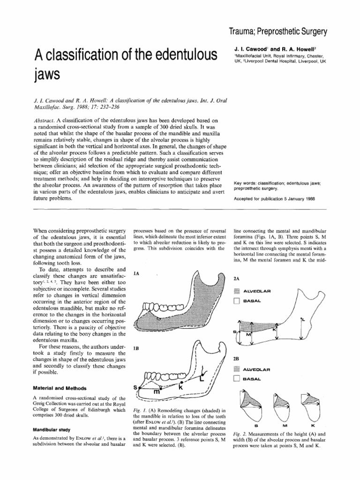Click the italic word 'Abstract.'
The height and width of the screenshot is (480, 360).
pyautogui.click(x=43, y=120)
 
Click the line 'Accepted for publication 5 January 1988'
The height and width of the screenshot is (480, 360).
pyautogui.click(x=274, y=198)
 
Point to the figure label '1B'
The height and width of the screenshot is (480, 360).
pyautogui.click(x=138, y=349)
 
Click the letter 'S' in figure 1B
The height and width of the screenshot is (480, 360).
pyautogui.click(x=135, y=388)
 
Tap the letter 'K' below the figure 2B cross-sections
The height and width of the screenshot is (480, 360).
pyautogui.click(x=312, y=425)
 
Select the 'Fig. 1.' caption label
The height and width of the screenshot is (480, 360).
pyautogui.click(x=139, y=409)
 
